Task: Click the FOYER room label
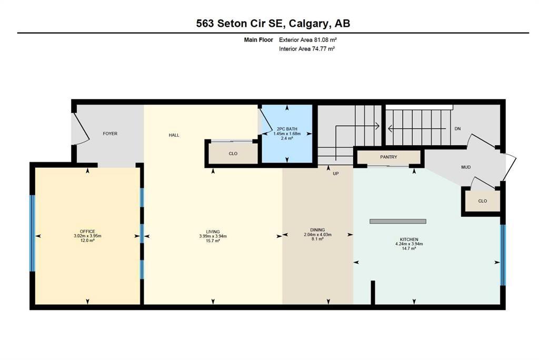[110, 133]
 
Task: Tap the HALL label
[174, 135]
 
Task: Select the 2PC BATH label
[287, 129]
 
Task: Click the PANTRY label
[389, 157]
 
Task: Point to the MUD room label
[466, 167]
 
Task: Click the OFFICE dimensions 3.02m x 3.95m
[87, 236]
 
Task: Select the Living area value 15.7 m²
[213, 241]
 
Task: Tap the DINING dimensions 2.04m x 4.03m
[317, 235]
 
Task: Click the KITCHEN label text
[409, 239]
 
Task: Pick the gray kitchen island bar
[398, 222]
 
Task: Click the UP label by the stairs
[336, 174]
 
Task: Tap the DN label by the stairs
[457, 128]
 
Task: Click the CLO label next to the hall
[233, 154]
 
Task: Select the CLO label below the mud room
[483, 201]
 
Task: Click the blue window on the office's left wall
[32, 234]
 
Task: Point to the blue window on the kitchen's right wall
[503, 255]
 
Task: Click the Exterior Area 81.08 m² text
[307, 40]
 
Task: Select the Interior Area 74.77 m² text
[307, 49]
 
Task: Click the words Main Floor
[258, 40]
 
